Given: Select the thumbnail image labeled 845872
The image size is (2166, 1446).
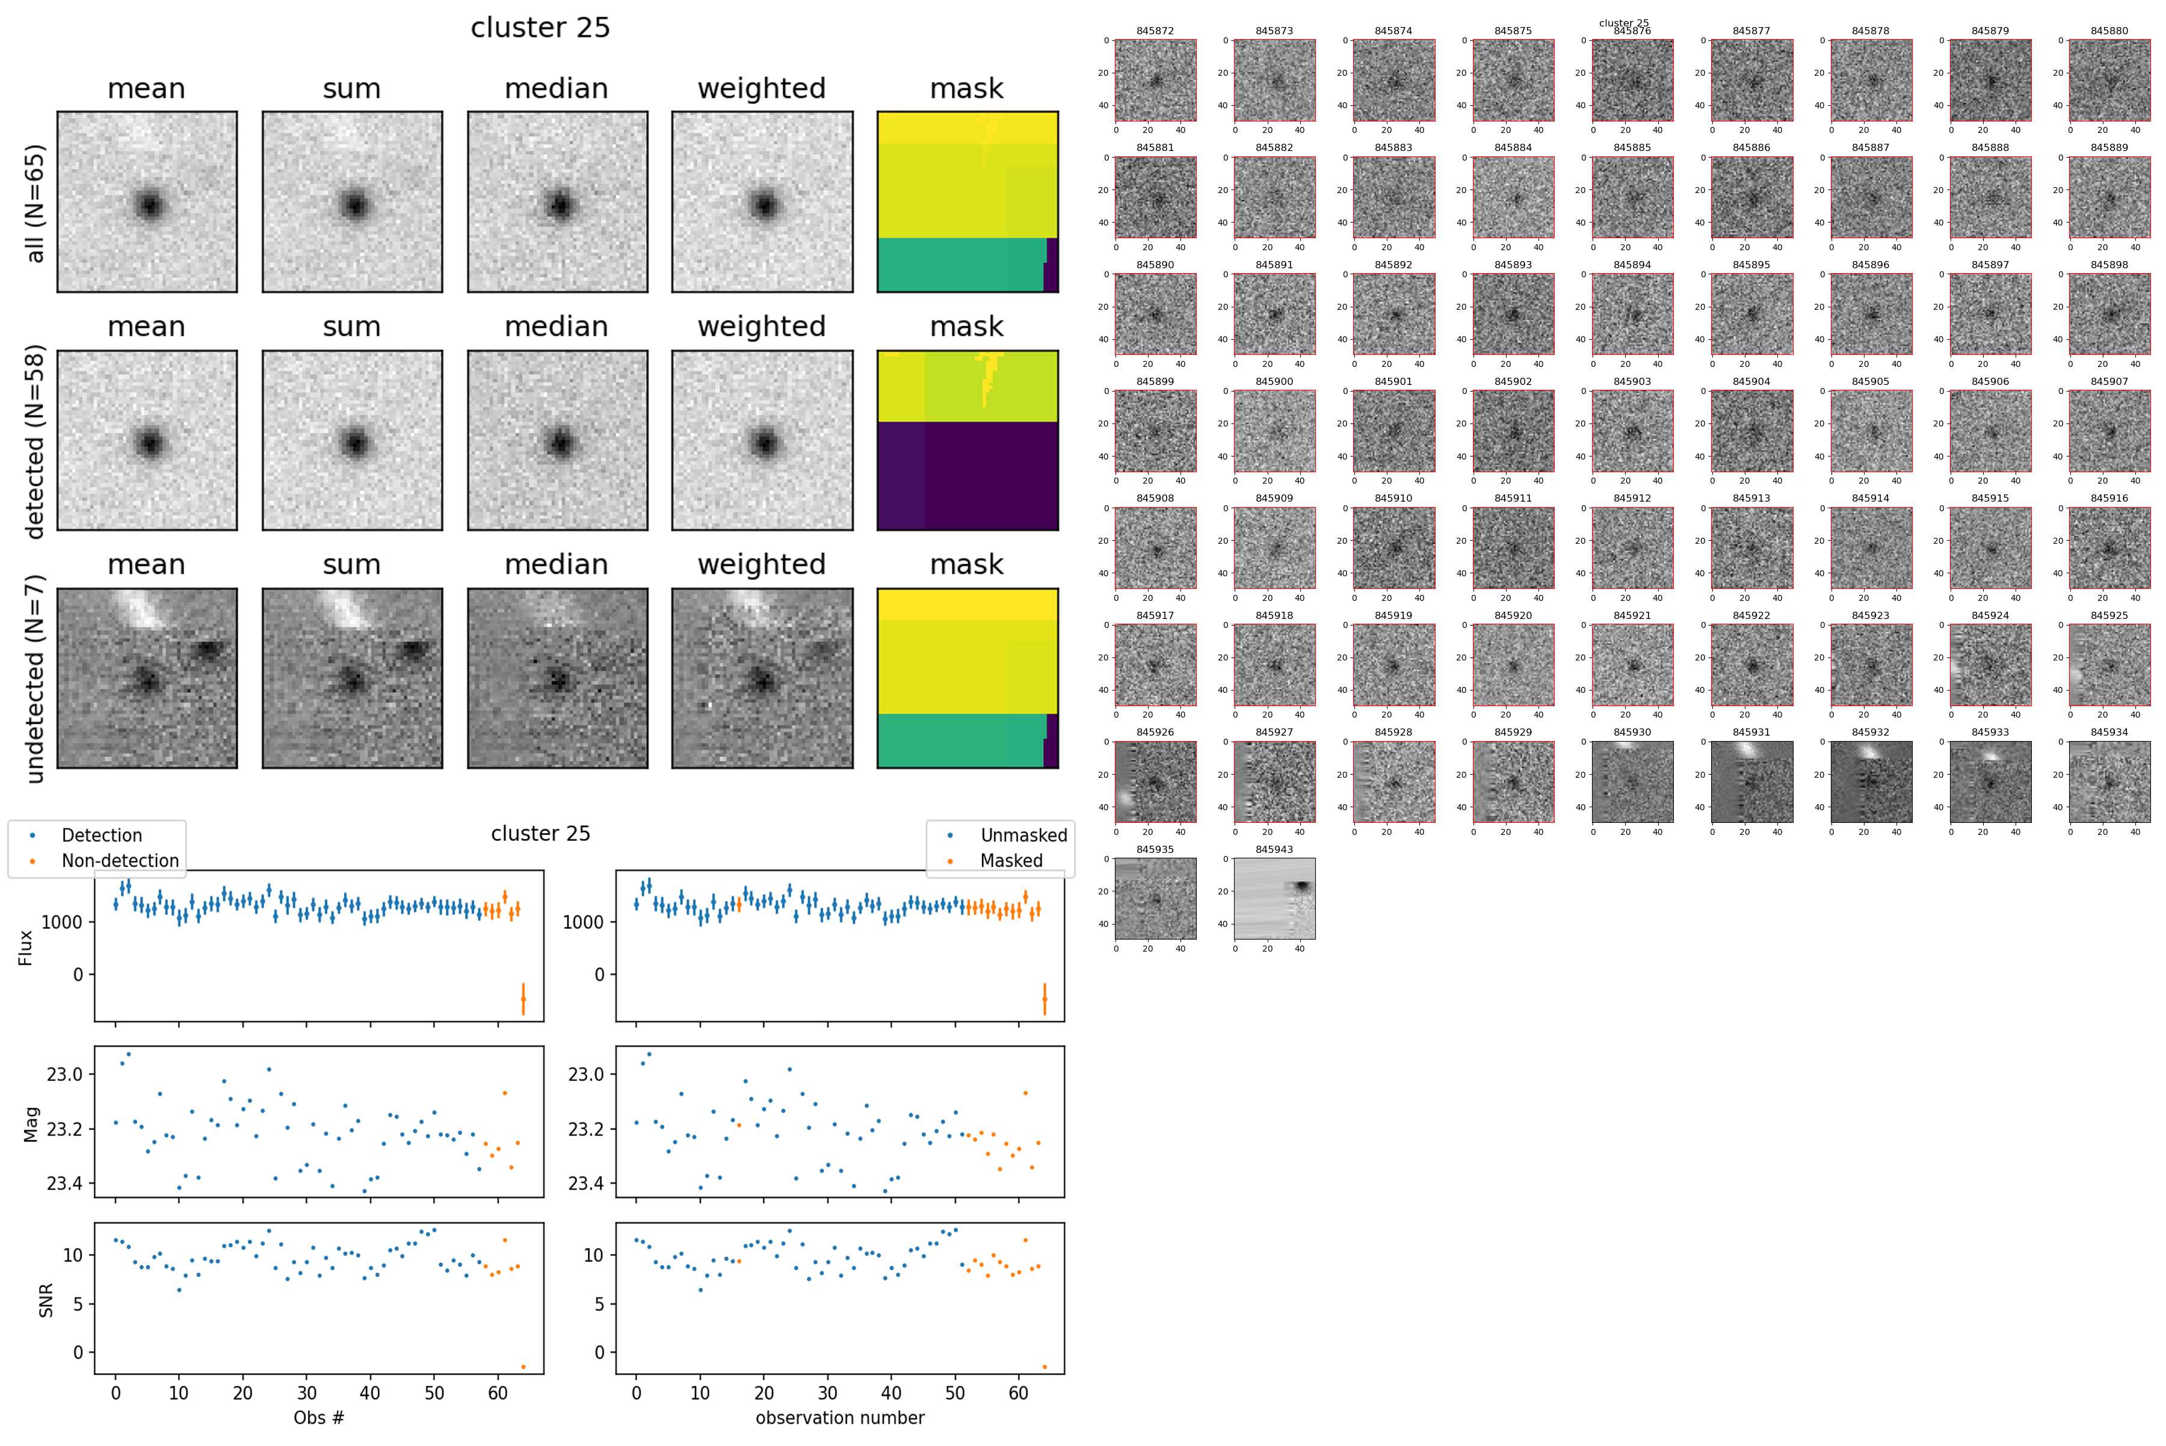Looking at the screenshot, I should tap(1155, 80).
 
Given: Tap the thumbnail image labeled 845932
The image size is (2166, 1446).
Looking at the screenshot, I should tap(1871, 782).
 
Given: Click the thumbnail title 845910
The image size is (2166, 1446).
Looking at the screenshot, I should tap(1393, 498).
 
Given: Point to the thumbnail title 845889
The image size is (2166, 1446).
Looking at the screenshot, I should tap(2109, 147).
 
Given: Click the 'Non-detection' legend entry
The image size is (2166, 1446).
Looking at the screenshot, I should tap(120, 860).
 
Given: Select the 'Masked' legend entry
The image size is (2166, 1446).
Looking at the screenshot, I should tap(1011, 860).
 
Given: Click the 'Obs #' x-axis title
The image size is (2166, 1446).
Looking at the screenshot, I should tap(318, 1417).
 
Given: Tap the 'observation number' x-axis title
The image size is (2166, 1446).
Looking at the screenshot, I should tap(839, 1417).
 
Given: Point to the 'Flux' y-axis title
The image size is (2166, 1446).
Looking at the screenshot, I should tap(26, 947).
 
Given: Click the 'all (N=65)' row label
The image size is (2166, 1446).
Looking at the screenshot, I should tap(35, 203).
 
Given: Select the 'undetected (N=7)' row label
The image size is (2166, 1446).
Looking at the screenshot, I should tap(35, 678).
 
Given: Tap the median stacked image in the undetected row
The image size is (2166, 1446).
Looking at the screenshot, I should tap(557, 678).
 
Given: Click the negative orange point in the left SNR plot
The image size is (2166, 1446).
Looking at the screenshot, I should tap(523, 1367).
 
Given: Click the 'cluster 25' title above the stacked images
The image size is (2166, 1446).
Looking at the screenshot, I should tap(540, 28).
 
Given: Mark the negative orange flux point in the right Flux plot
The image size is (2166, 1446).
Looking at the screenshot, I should tap(1044, 998).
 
